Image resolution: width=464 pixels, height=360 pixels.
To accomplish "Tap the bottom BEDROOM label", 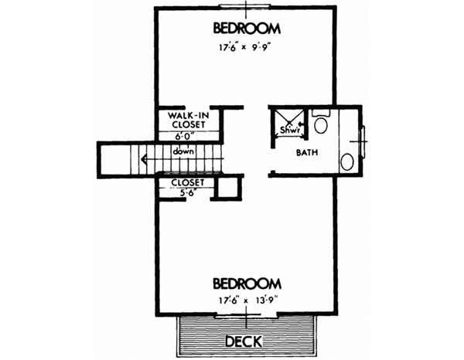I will coord(246,283).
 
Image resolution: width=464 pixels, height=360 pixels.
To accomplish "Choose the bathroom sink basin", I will coord(349,161).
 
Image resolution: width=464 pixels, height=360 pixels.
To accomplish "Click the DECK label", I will coord(246,341).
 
